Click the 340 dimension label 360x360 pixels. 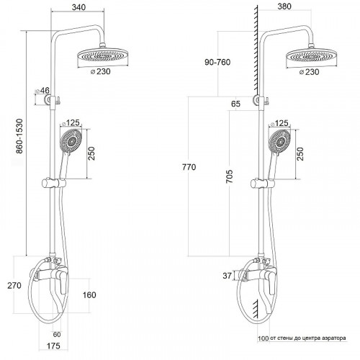(x=78, y=7)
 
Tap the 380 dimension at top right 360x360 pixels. (x=284, y=6)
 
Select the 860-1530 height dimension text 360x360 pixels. (x=19, y=136)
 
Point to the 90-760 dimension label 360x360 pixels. (x=217, y=62)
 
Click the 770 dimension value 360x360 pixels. (x=189, y=167)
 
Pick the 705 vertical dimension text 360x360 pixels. (x=230, y=176)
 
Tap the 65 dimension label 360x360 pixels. (x=235, y=104)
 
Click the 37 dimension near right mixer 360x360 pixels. (x=227, y=276)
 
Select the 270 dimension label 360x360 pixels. (x=14, y=286)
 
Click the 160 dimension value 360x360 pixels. (x=89, y=295)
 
